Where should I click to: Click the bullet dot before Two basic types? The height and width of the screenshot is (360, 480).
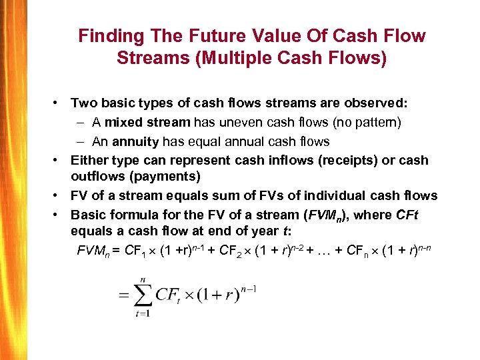pyautogui.click(x=60, y=103)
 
